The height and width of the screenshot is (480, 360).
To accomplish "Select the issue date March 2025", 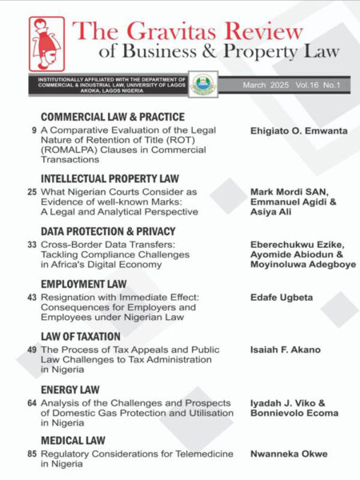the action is (x=266, y=84).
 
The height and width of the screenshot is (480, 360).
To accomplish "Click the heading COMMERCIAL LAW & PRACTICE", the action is (x=113, y=117).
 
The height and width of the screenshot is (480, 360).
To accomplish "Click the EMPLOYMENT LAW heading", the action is (x=84, y=284).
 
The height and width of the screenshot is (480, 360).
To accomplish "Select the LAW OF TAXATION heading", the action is (x=80, y=337).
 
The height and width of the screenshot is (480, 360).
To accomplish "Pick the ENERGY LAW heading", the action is (x=70, y=390).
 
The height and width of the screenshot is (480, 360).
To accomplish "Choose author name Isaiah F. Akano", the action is (x=283, y=350).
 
